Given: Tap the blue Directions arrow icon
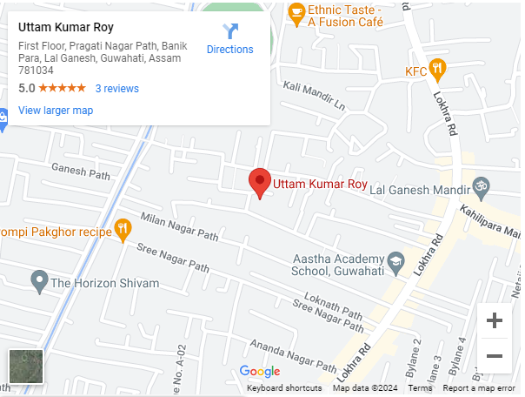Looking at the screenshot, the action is [230, 32].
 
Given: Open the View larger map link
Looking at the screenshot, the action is [56, 111].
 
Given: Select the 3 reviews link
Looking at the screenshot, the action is [117, 89].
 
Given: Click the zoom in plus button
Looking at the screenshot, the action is [495, 320].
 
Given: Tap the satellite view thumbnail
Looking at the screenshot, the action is [25, 366].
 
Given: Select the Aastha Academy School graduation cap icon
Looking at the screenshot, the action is [396, 261].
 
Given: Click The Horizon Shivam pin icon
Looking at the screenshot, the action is [38, 281].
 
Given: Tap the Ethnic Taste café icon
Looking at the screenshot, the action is [296, 12].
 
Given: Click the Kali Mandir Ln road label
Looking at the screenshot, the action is [314, 96].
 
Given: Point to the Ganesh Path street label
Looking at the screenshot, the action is [81, 172].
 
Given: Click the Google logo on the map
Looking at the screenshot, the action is [260, 373].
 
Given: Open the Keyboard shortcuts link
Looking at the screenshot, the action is [284, 388].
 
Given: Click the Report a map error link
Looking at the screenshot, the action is [479, 388].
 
